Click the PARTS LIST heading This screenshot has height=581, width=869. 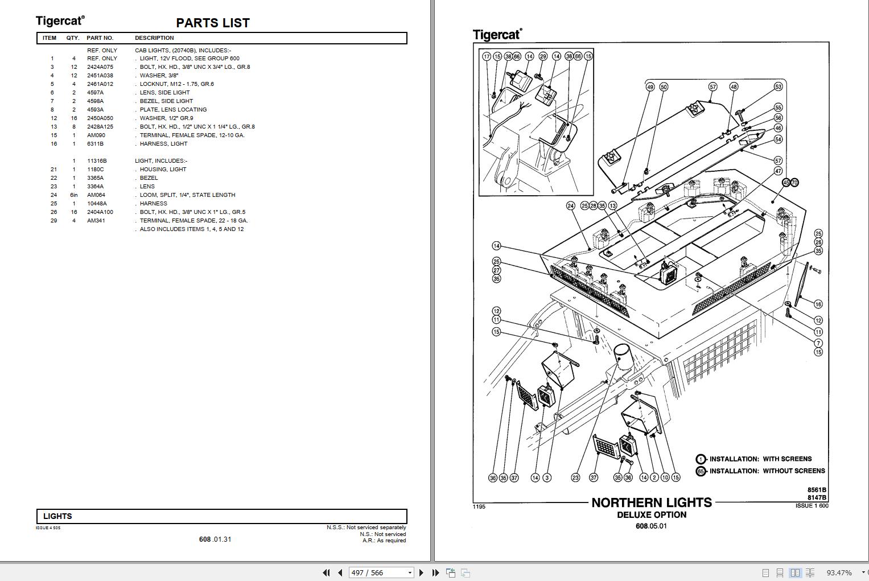pyautogui.click(x=213, y=23)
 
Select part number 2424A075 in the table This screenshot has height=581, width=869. pyautogui.click(x=100, y=67)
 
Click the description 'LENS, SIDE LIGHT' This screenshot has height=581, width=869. pyautogui.click(x=165, y=93)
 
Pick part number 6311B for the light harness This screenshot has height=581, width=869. pyautogui.click(x=96, y=144)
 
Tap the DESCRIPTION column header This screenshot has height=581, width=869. pyautogui.click(x=154, y=38)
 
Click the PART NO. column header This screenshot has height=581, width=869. pyautogui.click(x=100, y=38)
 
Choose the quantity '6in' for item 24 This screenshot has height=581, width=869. pyautogui.click(x=74, y=195)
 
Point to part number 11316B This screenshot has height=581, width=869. pyautogui.click(x=97, y=161)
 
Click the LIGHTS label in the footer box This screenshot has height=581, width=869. pyautogui.click(x=57, y=516)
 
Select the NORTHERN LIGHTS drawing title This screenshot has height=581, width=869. pyautogui.click(x=652, y=502)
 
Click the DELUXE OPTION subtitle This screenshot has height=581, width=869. pyautogui.click(x=652, y=515)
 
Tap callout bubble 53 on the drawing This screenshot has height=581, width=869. pyautogui.click(x=778, y=86)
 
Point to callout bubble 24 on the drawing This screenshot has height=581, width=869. pyautogui.click(x=571, y=205)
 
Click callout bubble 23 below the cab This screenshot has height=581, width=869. pyautogui.click(x=575, y=477)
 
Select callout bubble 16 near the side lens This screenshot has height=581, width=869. pyautogui.click(x=818, y=304)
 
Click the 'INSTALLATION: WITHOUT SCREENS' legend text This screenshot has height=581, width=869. pyautogui.click(x=767, y=471)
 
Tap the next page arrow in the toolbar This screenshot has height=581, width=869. pyautogui.click(x=421, y=572)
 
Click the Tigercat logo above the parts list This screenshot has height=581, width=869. pyautogui.click(x=60, y=21)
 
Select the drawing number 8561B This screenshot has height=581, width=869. pyautogui.click(x=817, y=490)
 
